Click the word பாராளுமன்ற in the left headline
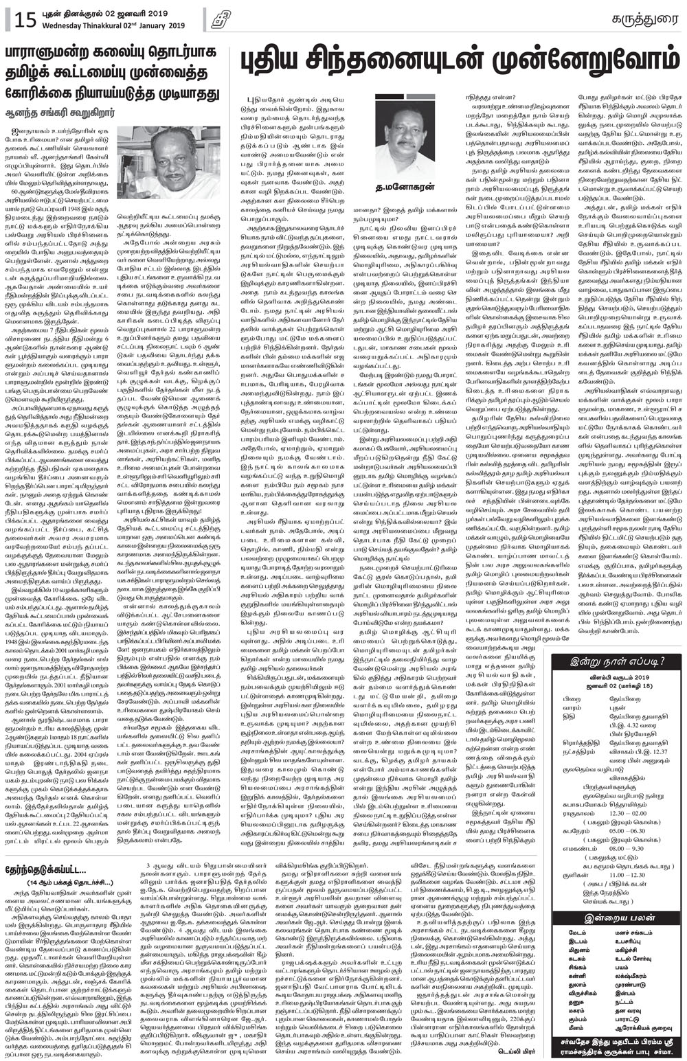pos(52,53)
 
